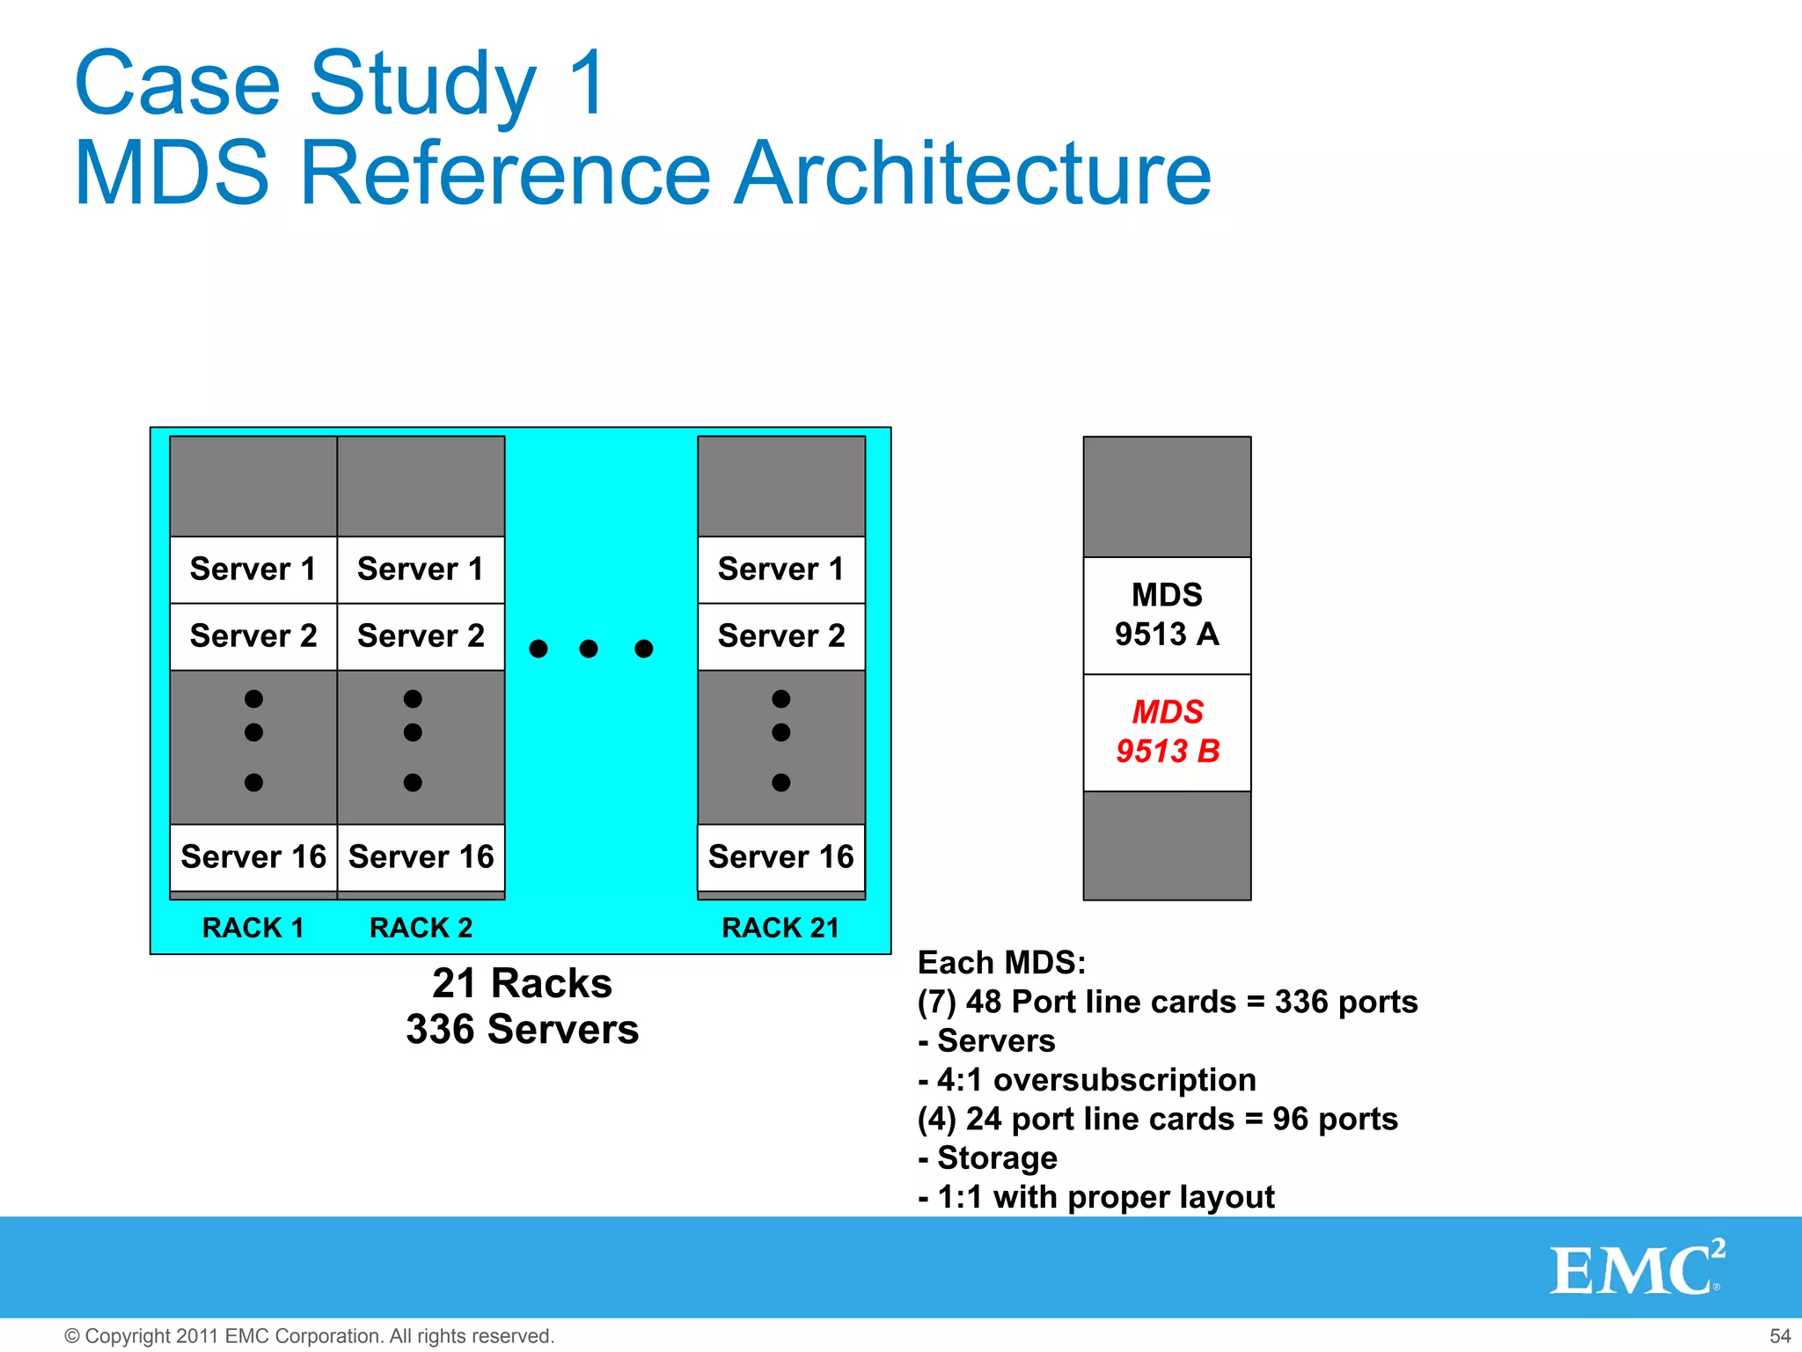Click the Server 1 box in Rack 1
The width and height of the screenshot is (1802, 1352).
(253, 569)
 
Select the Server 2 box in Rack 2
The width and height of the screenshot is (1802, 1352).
(421, 636)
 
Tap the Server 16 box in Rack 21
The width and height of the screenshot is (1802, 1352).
(781, 857)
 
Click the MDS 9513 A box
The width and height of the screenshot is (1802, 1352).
(1167, 615)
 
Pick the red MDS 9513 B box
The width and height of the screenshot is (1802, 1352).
(1167, 732)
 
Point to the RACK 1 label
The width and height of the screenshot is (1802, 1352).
(253, 928)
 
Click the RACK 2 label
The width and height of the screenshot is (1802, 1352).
(421, 928)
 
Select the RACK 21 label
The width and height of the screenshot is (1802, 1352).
(780, 928)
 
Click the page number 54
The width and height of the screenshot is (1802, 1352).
(1779, 1336)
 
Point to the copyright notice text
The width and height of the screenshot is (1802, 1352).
(310, 1336)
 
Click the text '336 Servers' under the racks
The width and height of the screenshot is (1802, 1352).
(522, 1029)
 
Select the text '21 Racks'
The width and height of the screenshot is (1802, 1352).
(522, 983)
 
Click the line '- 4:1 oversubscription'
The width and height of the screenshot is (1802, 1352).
(1087, 1080)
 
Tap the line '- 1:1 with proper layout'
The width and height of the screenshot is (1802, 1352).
(1095, 1197)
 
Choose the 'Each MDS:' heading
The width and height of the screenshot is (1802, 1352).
(1001, 963)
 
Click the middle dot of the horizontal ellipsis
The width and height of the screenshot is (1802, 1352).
(589, 649)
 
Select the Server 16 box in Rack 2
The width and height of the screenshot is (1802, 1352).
(421, 857)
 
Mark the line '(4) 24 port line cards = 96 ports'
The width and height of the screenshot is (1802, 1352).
(1157, 1119)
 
